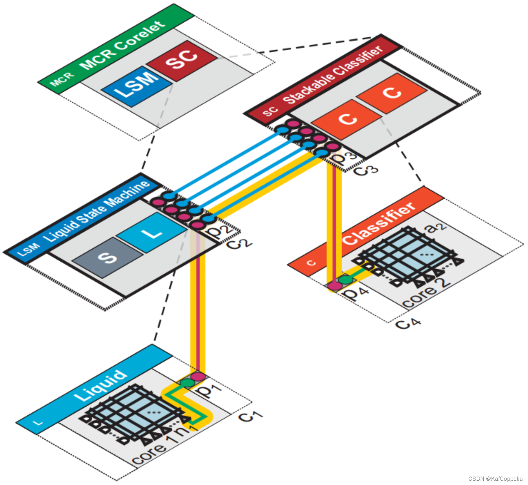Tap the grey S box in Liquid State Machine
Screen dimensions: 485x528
[x=107, y=257]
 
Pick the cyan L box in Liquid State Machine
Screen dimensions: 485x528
[x=152, y=233]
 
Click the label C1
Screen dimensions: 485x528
[x=250, y=416]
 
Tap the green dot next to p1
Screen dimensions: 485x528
[x=187, y=383]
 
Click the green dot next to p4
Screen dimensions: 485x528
[x=345, y=280]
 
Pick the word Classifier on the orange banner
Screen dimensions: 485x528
[x=379, y=224]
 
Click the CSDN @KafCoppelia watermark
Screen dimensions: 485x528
[x=495, y=479]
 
